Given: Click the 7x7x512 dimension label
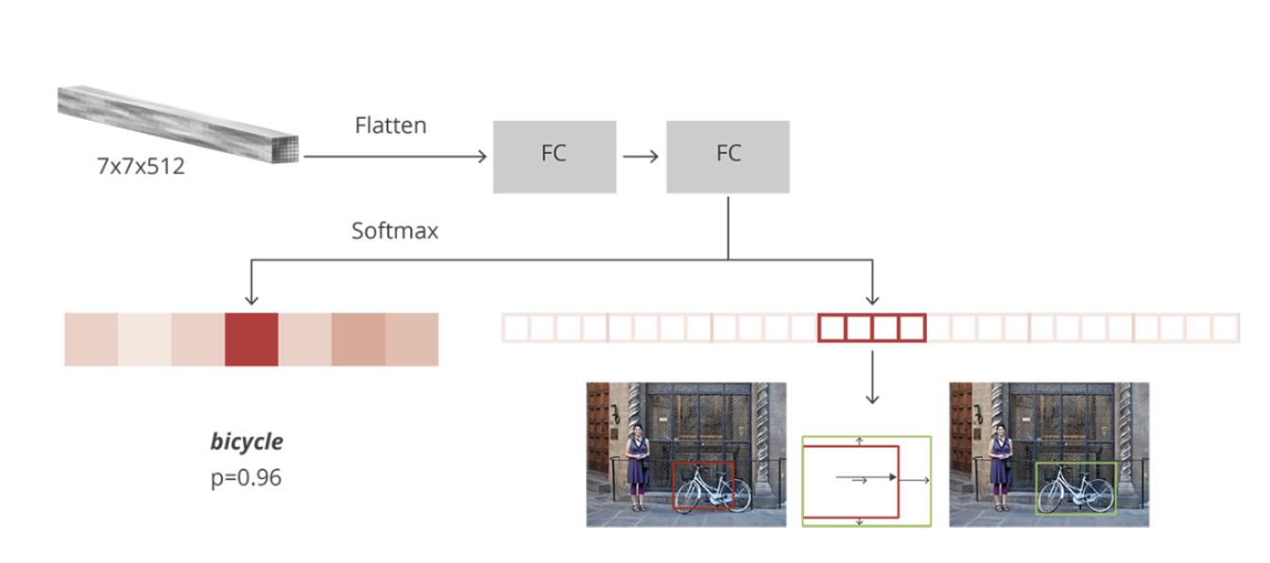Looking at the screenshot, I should (x=140, y=166).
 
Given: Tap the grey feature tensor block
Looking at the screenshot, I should (x=179, y=124).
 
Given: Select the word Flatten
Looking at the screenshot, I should (x=390, y=125).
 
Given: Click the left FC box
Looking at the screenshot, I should (x=554, y=156).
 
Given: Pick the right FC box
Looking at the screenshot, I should (x=728, y=156).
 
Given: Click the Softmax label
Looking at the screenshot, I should (x=395, y=230).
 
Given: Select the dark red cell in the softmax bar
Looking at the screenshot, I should (x=251, y=339).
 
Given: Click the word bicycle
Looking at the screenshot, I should (x=247, y=441).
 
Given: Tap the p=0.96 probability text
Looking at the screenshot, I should (x=246, y=478).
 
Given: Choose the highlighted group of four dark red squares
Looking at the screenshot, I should (x=871, y=328).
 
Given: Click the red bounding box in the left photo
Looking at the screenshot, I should (x=703, y=463).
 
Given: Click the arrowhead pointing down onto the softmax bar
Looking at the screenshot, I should (x=251, y=300).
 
